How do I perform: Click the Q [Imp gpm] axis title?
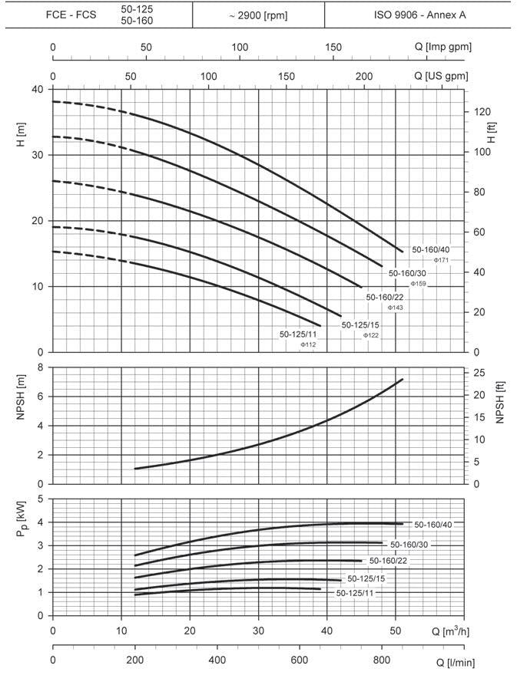442,47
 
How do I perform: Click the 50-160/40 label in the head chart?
431,249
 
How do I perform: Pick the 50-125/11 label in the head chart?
298,334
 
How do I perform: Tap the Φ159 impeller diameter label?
418,284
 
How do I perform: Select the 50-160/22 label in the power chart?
387,561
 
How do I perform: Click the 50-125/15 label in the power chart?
366,578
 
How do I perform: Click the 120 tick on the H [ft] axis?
479,112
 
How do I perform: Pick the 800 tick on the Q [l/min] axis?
381,660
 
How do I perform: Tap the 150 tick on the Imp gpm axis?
333,47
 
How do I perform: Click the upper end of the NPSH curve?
402,380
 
